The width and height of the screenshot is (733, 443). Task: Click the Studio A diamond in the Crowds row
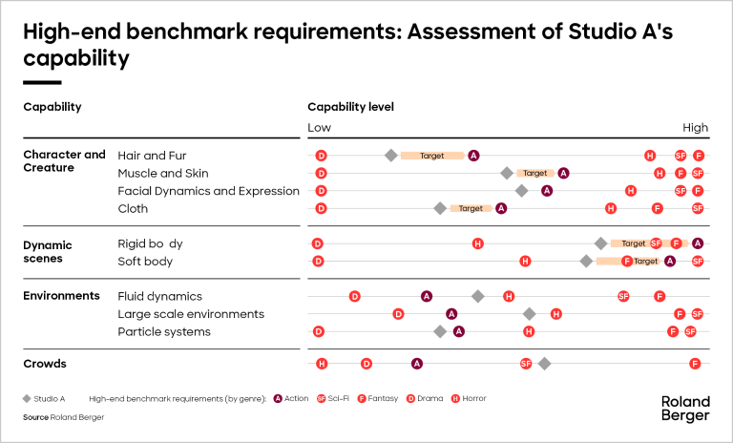pos(544,364)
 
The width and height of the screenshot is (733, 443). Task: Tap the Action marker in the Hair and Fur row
pos(473,156)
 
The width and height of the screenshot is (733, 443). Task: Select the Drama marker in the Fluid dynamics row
pos(354,297)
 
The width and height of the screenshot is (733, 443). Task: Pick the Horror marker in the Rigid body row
pos(477,243)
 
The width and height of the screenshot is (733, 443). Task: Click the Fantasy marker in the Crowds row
pos(695,364)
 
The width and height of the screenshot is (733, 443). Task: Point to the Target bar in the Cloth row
pos(471,208)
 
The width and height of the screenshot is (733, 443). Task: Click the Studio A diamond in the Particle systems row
pos(440,331)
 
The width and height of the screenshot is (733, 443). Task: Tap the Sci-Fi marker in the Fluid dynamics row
pos(623,297)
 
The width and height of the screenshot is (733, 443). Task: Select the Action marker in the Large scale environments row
pos(451,314)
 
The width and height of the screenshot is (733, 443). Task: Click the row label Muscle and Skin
pos(162,174)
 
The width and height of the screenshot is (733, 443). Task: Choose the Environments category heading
pos(61,296)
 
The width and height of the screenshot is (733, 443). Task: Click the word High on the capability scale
pos(695,128)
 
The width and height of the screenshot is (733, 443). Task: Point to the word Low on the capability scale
pos(319,128)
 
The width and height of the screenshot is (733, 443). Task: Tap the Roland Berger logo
pos(685,409)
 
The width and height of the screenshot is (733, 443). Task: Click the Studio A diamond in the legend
pos(27,398)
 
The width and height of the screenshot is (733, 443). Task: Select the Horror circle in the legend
pos(455,398)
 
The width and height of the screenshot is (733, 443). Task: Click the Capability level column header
pos(350,107)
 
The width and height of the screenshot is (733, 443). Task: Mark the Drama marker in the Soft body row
pos(318,261)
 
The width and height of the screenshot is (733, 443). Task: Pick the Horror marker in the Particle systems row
pos(528,331)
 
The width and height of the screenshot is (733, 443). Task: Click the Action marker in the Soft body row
pos(670,261)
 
